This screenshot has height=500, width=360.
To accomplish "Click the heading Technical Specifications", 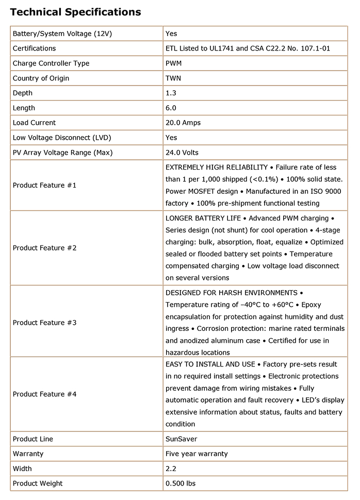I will [x=75, y=11].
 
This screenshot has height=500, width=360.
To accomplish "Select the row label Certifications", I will [x=34, y=48].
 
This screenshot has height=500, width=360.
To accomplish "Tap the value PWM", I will [x=174, y=63].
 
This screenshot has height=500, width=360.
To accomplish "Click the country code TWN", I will [x=173, y=78].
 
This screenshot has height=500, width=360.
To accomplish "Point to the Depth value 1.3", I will [x=171, y=93].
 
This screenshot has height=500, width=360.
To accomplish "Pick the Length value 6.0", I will [x=171, y=108].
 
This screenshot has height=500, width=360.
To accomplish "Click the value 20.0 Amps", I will [x=183, y=123].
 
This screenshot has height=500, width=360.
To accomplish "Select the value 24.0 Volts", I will [x=182, y=153].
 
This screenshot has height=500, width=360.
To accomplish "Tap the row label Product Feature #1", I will [x=44, y=185].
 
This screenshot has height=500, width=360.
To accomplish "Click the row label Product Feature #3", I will [x=44, y=323].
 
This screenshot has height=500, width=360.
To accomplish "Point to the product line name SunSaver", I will [x=181, y=439].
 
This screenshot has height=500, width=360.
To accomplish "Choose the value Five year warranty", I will [x=197, y=454].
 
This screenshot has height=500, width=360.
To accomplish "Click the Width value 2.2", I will [x=171, y=469].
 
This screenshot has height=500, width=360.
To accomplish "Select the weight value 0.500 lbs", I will [x=181, y=484].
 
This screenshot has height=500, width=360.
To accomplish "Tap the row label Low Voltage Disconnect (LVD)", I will [x=62, y=138].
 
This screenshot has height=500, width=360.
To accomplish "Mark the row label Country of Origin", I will [x=41, y=78].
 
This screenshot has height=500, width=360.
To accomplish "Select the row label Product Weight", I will [x=38, y=484].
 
